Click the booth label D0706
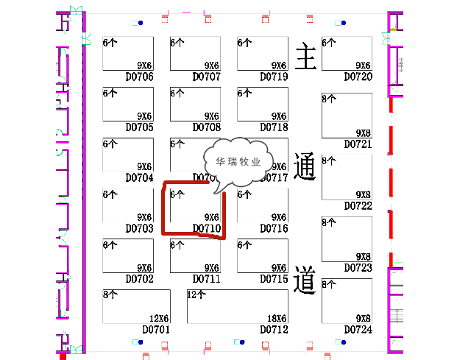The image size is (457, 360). (x=139, y=77)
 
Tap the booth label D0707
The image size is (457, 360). (x=207, y=77)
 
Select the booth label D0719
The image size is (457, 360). (x=274, y=77)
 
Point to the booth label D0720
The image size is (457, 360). (x=358, y=77)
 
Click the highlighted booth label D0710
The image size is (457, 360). (x=207, y=228)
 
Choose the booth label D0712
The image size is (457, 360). (x=274, y=329)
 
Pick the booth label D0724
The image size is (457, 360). (x=358, y=329)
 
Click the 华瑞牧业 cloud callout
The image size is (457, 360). (x=238, y=163)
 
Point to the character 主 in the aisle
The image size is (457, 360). (x=305, y=57)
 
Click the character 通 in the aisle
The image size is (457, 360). (x=305, y=168)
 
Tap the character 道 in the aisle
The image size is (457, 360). (x=305, y=280)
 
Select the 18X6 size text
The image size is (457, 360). (x=276, y=318)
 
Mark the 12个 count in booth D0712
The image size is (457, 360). (x=196, y=294)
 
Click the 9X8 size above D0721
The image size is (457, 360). (x=363, y=133)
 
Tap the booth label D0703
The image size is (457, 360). (x=139, y=228)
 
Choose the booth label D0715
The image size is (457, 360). (x=274, y=279)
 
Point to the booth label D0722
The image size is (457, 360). (x=358, y=205)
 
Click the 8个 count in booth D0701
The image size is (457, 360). (x=110, y=294)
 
